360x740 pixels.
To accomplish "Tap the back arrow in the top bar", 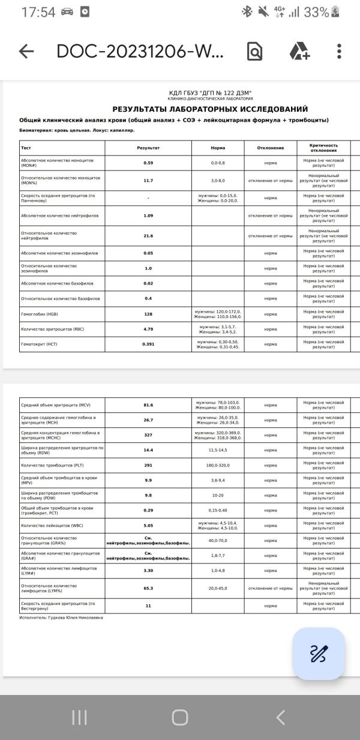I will [x=26, y=52].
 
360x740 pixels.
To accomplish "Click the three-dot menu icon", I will [x=339, y=52].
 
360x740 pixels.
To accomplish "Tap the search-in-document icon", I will [x=255, y=52].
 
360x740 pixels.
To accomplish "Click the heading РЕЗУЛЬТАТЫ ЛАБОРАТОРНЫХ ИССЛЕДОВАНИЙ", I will [x=210, y=109].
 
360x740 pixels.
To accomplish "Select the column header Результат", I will [x=148, y=148].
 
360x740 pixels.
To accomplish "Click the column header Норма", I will [x=218, y=148].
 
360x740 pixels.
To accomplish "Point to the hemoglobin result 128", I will [x=148, y=314].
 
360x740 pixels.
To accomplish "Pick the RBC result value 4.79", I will [x=148, y=329].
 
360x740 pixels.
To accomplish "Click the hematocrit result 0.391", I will [x=148, y=344].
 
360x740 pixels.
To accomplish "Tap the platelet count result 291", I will [x=148, y=465].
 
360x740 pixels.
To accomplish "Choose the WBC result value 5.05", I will [x=148, y=526].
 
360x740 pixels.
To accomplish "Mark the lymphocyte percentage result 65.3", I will [x=148, y=588].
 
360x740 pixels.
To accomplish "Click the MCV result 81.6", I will [x=148, y=405].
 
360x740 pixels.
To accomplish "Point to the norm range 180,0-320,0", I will [x=218, y=465].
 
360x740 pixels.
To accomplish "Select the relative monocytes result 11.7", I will [x=148, y=181].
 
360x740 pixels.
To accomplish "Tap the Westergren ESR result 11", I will [x=148, y=606].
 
